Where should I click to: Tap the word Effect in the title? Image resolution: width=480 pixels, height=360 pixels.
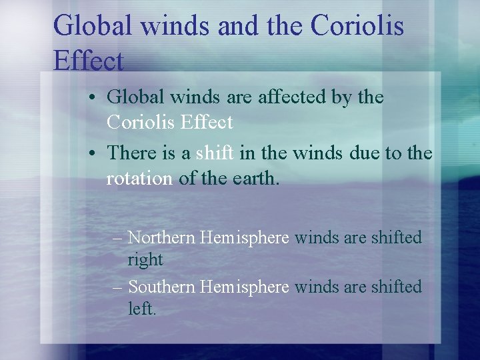[x=88, y=61]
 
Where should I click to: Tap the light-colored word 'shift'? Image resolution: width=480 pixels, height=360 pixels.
[x=215, y=153]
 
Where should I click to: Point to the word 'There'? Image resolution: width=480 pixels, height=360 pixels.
[x=133, y=153]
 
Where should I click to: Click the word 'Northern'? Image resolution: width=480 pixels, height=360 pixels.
[x=161, y=237]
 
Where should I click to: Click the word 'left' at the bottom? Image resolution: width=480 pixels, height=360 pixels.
[x=141, y=309]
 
